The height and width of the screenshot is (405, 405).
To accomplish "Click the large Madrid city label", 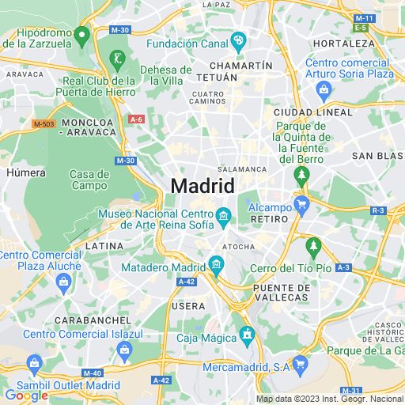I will pyautogui.click(x=202, y=187).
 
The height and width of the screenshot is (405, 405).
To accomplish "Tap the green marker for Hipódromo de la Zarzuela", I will pyautogui.click(x=81, y=35).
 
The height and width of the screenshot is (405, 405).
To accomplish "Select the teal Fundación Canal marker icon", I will pyautogui.click(x=240, y=40).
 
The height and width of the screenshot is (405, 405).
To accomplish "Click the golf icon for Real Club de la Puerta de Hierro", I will pyautogui.click(x=116, y=59).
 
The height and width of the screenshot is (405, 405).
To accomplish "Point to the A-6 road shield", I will pyautogui.click(x=136, y=119).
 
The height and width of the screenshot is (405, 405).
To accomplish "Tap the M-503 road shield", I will pyautogui.click(x=44, y=124).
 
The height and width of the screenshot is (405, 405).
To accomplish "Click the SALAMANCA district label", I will pyautogui.click(x=242, y=169).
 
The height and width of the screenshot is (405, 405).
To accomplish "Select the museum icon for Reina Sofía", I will pyautogui.click(x=224, y=215).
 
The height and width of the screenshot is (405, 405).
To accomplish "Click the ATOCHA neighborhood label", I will pyautogui.click(x=238, y=247).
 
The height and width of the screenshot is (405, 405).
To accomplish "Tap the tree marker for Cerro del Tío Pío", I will pyautogui.click(x=313, y=247).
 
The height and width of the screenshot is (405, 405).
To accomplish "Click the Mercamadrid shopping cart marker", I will pyautogui.click(x=299, y=364).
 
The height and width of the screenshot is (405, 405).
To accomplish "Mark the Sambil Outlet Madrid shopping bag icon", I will pyautogui.click(x=33, y=365).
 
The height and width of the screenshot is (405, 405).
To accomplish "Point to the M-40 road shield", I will pyautogui.click(x=93, y=373).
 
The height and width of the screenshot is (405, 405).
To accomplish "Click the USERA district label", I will pyautogui.click(x=188, y=305).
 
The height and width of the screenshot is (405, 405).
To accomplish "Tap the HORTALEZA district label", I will pyautogui.click(x=339, y=43).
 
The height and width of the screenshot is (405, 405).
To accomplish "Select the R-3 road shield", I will pyautogui.click(x=378, y=210).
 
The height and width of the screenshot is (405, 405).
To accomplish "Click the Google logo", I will pyautogui.click(x=25, y=395).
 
